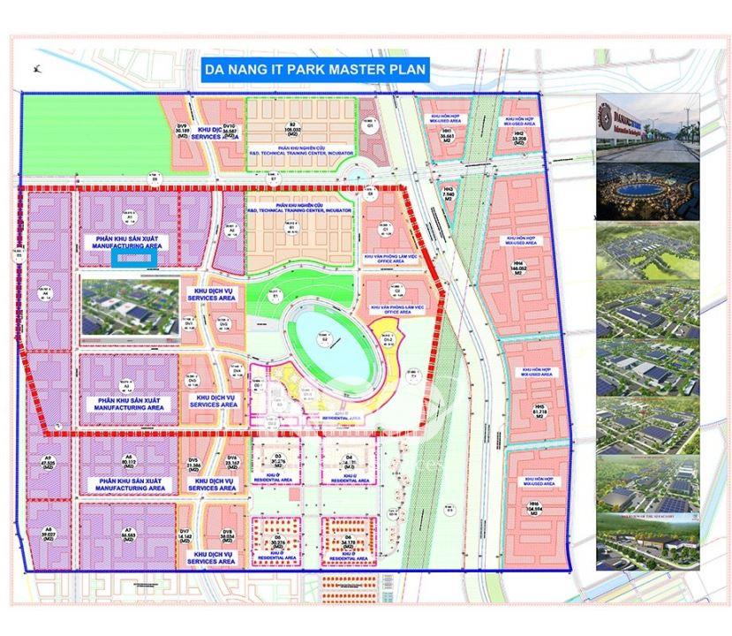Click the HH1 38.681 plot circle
coord(448,134)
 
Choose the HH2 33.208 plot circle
coord(519,135)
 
